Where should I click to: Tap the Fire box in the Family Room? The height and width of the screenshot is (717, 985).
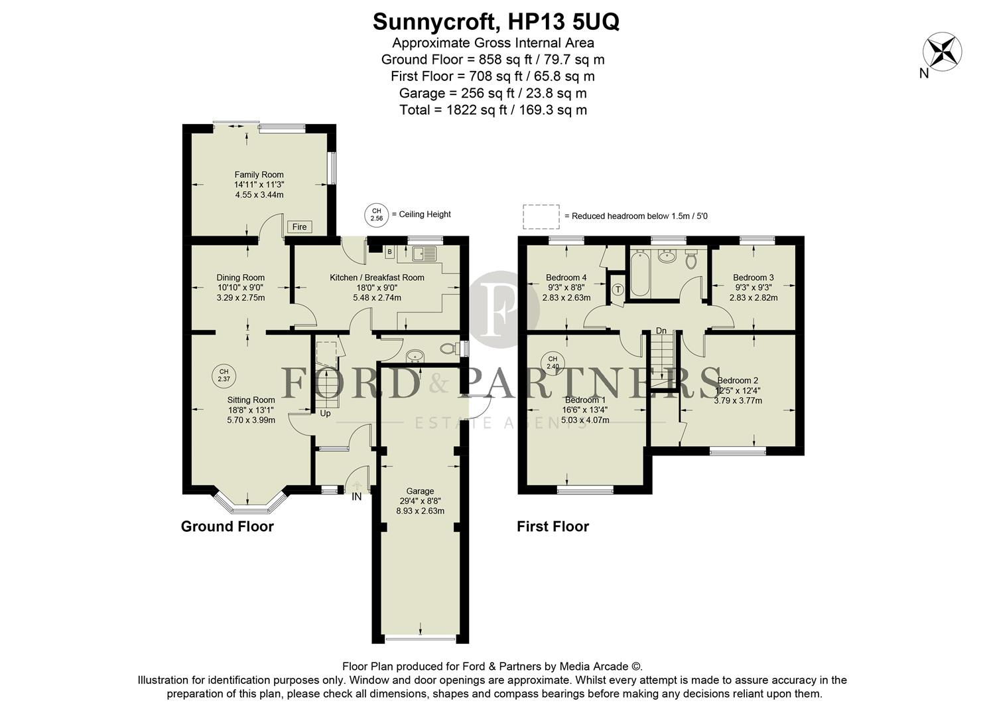(300, 227)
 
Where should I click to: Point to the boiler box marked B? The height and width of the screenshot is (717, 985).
(389, 252)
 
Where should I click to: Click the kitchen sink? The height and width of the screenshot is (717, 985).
(424, 253)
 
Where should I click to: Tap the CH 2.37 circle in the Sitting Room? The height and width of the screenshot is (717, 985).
(224, 375)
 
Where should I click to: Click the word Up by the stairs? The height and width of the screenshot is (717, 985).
(325, 414)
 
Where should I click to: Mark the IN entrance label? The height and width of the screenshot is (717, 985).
(357, 496)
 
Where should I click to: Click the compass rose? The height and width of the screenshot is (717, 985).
(943, 52)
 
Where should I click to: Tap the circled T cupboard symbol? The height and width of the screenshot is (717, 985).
(618, 289)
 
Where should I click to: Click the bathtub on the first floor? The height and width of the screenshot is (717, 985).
(640, 273)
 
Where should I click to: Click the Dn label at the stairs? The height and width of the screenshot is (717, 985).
(661, 331)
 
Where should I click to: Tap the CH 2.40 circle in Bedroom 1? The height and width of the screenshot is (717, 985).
(553, 362)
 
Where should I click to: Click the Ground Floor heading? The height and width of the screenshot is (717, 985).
(227, 526)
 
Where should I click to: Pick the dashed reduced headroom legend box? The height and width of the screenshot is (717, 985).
(541, 216)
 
